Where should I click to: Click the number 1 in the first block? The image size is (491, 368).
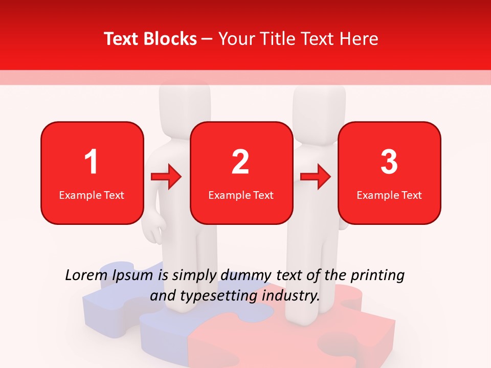[x=91, y=162]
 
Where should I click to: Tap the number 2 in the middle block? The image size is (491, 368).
[x=240, y=162]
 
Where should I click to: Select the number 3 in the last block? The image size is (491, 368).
[x=389, y=162]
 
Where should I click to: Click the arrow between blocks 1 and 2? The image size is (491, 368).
[x=167, y=177]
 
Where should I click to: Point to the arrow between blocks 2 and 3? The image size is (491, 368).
[x=316, y=177]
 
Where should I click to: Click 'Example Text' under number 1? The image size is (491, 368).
[x=92, y=195]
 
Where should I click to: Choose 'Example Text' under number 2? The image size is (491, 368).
[x=241, y=195]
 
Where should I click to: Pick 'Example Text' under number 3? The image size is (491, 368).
[x=389, y=195]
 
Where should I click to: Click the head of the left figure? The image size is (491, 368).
[x=185, y=102]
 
